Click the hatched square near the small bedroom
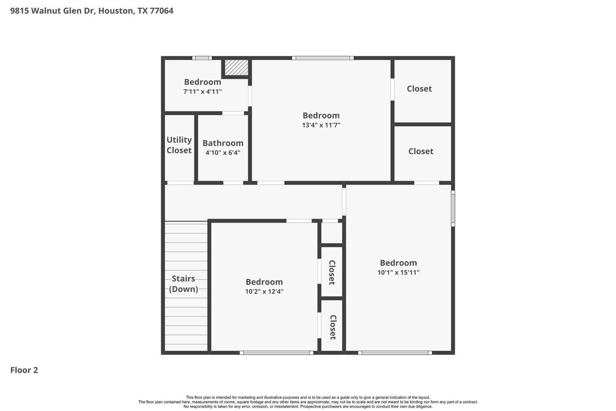(x=236, y=67)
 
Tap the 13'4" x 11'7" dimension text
(x=321, y=125)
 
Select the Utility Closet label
(x=179, y=145)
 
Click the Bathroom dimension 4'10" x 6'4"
(x=223, y=152)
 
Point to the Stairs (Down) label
(x=183, y=283)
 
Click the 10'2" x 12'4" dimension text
(x=264, y=291)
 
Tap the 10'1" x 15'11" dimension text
(x=398, y=273)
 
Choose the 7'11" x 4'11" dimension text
(x=202, y=91)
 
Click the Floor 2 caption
(x=24, y=370)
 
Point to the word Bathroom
(x=223, y=143)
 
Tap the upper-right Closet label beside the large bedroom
(x=419, y=89)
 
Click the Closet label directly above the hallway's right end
(x=420, y=151)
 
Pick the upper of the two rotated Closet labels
(x=332, y=273)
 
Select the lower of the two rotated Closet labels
(x=333, y=327)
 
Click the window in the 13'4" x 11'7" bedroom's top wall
(x=322, y=58)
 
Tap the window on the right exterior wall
(x=452, y=209)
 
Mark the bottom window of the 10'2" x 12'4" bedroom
(x=277, y=353)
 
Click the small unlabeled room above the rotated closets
(x=331, y=233)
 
